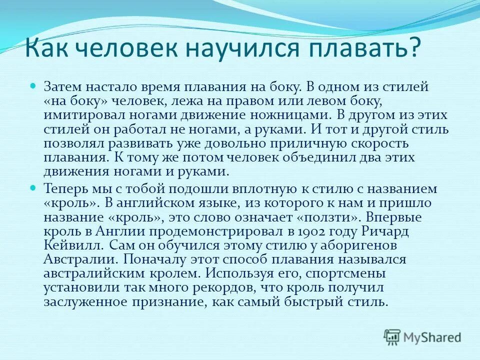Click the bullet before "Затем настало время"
[x=33, y=86]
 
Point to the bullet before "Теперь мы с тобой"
[x=33, y=188]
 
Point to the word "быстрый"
[x=309, y=302]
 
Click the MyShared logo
[x=422, y=336]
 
